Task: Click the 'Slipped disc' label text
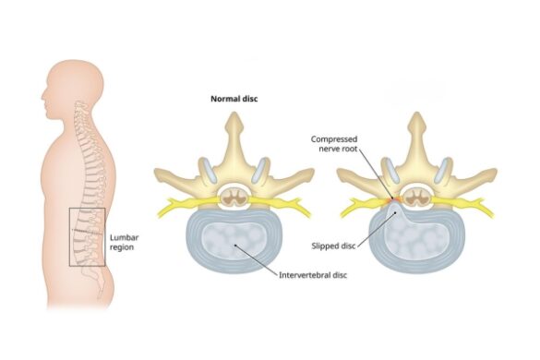coord(336,246)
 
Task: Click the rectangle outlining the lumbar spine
coord(87,237)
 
